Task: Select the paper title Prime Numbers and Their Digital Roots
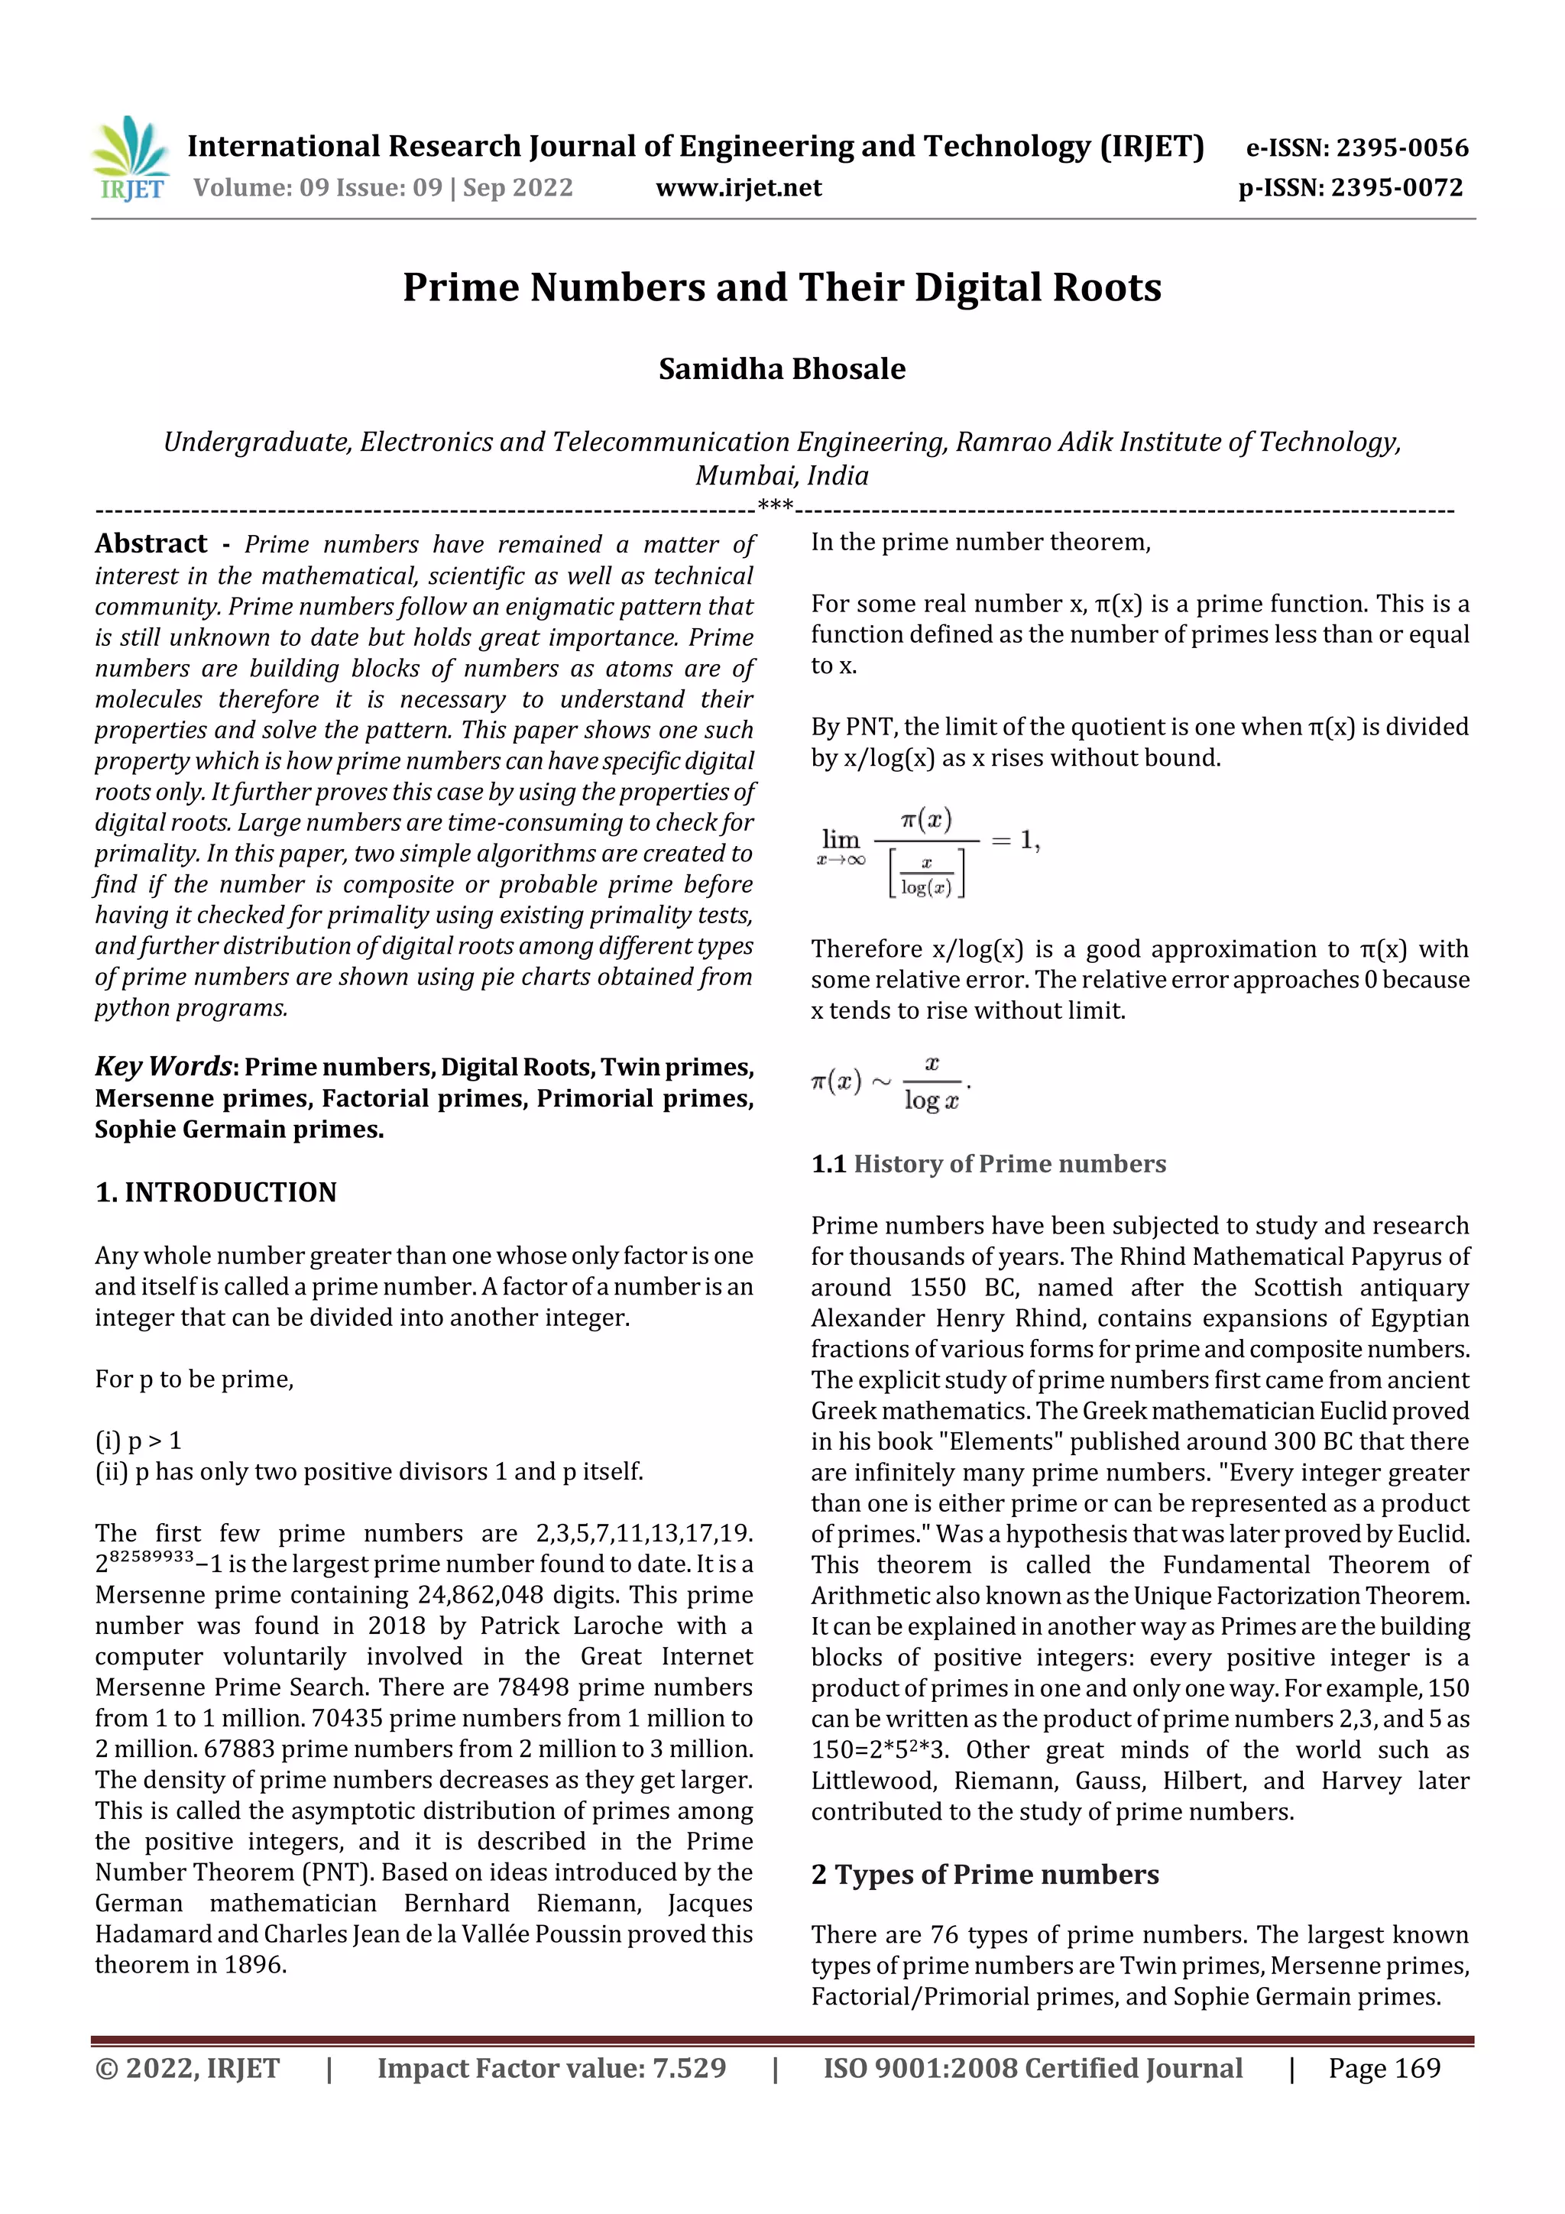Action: pos(781,287)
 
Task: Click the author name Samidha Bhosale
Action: pos(781,368)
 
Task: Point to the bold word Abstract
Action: pos(151,544)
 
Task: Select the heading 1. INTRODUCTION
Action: pos(216,1192)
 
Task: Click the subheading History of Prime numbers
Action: pos(1009,1164)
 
